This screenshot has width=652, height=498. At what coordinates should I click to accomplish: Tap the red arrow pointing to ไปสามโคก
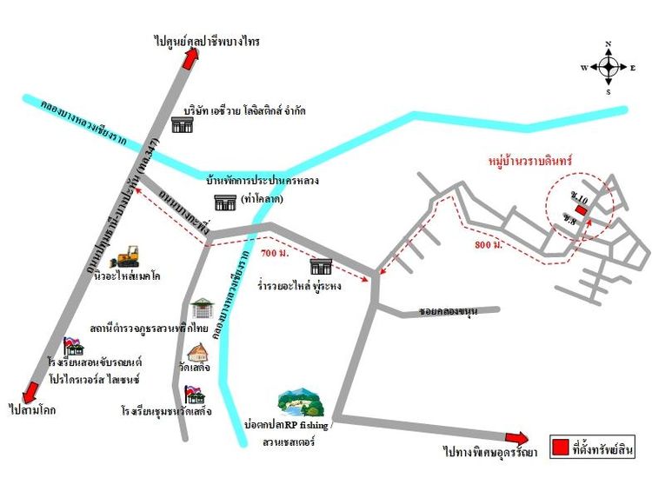pos(32,391)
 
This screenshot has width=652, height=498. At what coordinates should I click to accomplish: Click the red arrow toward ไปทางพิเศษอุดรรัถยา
pos(516,437)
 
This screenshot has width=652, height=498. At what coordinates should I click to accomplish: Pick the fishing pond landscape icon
pos(299,403)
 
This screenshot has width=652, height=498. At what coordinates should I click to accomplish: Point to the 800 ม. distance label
pos(490,246)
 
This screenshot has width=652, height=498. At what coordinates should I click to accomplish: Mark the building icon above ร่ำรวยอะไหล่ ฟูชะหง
pos(321,266)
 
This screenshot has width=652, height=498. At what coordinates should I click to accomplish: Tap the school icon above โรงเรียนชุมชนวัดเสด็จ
pos(195,395)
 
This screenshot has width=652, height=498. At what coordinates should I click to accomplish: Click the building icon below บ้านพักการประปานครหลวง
pos(225,203)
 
